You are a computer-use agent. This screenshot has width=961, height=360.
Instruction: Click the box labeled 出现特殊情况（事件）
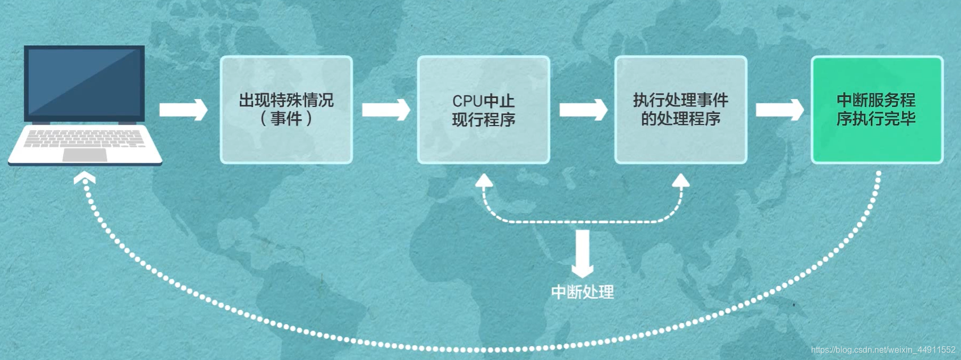(286, 110)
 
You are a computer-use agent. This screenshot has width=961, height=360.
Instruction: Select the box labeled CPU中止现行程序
(483, 110)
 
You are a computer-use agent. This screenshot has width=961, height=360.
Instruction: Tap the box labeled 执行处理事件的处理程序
(680, 110)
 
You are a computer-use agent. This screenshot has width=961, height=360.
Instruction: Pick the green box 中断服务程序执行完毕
(876, 110)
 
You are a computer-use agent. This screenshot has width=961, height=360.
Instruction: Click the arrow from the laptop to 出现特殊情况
(183, 110)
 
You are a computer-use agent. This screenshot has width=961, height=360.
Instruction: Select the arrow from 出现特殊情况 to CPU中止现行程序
(386, 110)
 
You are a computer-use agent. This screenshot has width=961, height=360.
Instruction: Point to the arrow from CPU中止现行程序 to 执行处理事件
(583, 110)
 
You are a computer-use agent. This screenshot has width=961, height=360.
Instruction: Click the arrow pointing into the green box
(780, 110)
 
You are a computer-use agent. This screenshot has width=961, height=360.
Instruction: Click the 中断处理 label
(583, 292)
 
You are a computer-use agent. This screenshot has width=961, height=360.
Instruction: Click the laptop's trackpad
(85, 155)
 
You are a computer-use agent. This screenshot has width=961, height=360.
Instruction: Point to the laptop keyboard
(84, 138)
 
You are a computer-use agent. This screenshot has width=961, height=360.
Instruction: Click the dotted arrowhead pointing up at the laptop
(85, 178)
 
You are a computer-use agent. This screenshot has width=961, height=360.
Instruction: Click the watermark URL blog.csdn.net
(883, 350)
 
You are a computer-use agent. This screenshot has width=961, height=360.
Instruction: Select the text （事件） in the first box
(286, 119)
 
